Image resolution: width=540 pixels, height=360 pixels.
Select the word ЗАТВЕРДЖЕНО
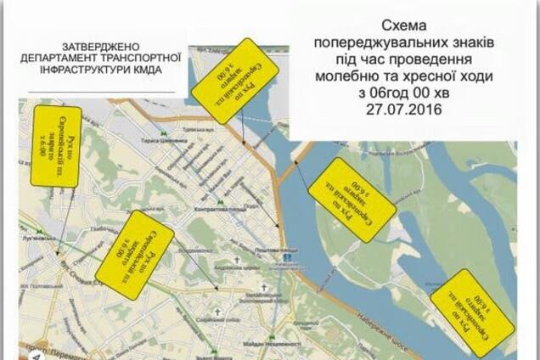click(104, 45)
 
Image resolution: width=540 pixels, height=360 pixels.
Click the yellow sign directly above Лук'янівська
click(57, 144)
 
